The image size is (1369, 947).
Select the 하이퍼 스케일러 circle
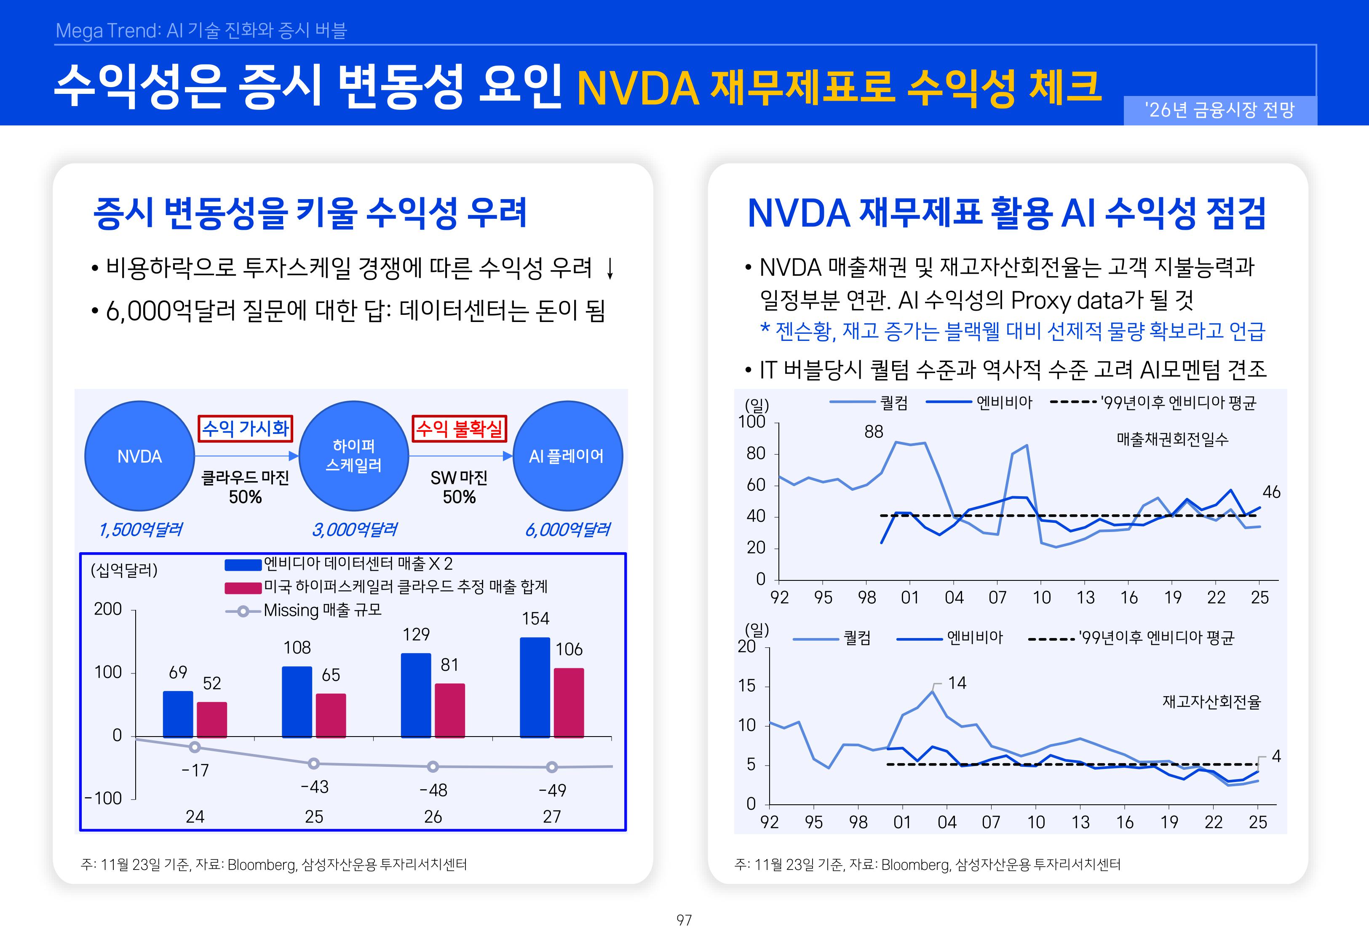pyautogui.click(x=354, y=456)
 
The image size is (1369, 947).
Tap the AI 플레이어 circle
pyautogui.click(x=567, y=456)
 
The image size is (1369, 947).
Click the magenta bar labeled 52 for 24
pyautogui.click(x=212, y=719)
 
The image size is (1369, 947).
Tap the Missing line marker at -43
pyautogui.click(x=314, y=763)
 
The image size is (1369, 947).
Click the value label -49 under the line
pyautogui.click(x=552, y=790)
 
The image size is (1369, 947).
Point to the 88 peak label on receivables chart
pyautogui.click(x=873, y=432)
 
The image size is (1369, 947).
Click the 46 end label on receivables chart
pyautogui.click(x=1271, y=492)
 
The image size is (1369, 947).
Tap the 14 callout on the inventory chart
pyautogui.click(x=956, y=683)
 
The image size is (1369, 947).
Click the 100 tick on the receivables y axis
pyautogui.click(x=751, y=422)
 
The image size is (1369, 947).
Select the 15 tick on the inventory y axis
pyautogui.click(x=747, y=686)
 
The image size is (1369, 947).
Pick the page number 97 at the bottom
pyautogui.click(x=684, y=920)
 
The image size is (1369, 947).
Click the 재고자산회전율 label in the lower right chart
pyautogui.click(x=1211, y=702)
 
